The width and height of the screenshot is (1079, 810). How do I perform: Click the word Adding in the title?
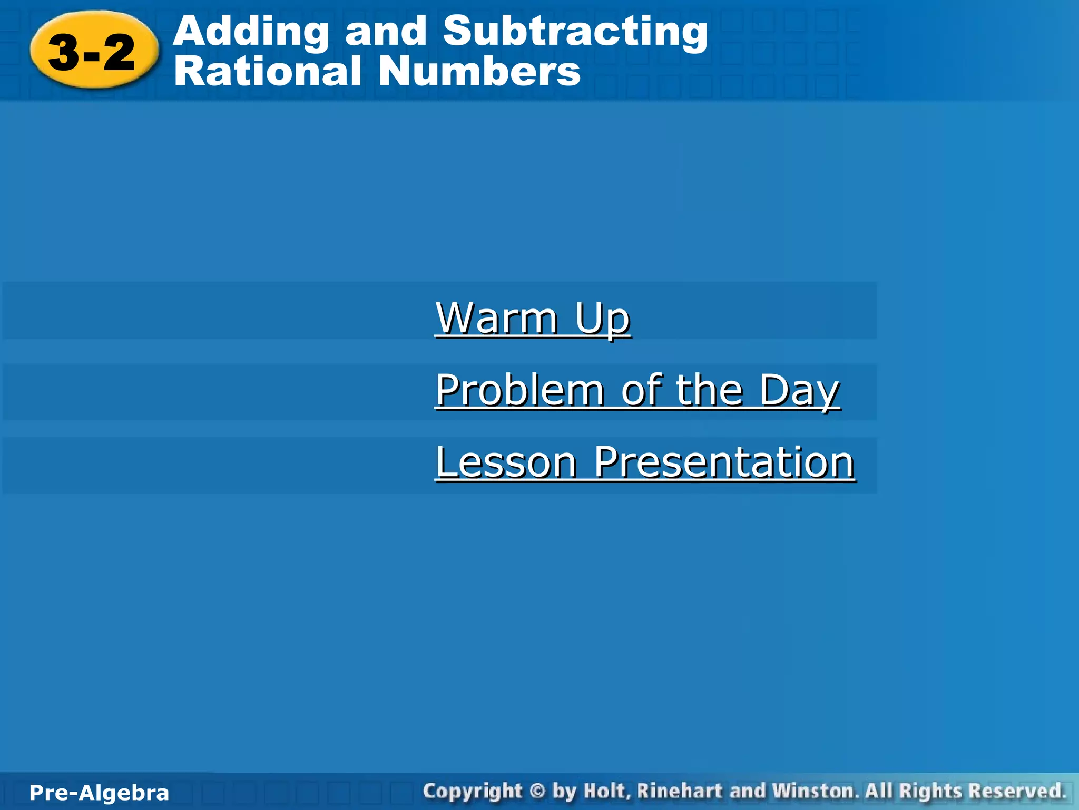(x=251, y=32)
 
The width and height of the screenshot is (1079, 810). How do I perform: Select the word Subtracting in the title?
(x=575, y=32)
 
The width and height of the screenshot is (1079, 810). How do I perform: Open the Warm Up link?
(x=533, y=318)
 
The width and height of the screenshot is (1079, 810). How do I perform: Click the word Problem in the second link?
(x=519, y=390)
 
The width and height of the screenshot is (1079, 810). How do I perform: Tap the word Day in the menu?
(x=799, y=390)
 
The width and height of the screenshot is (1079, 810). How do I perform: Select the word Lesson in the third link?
(x=506, y=462)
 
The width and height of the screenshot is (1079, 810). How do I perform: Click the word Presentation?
(x=724, y=462)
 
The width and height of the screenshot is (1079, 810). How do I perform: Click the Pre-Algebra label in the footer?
(x=99, y=793)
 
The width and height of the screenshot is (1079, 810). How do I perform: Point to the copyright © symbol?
(x=537, y=792)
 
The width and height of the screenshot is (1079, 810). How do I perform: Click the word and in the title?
(x=386, y=32)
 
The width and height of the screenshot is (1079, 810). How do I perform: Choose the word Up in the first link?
(x=603, y=318)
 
